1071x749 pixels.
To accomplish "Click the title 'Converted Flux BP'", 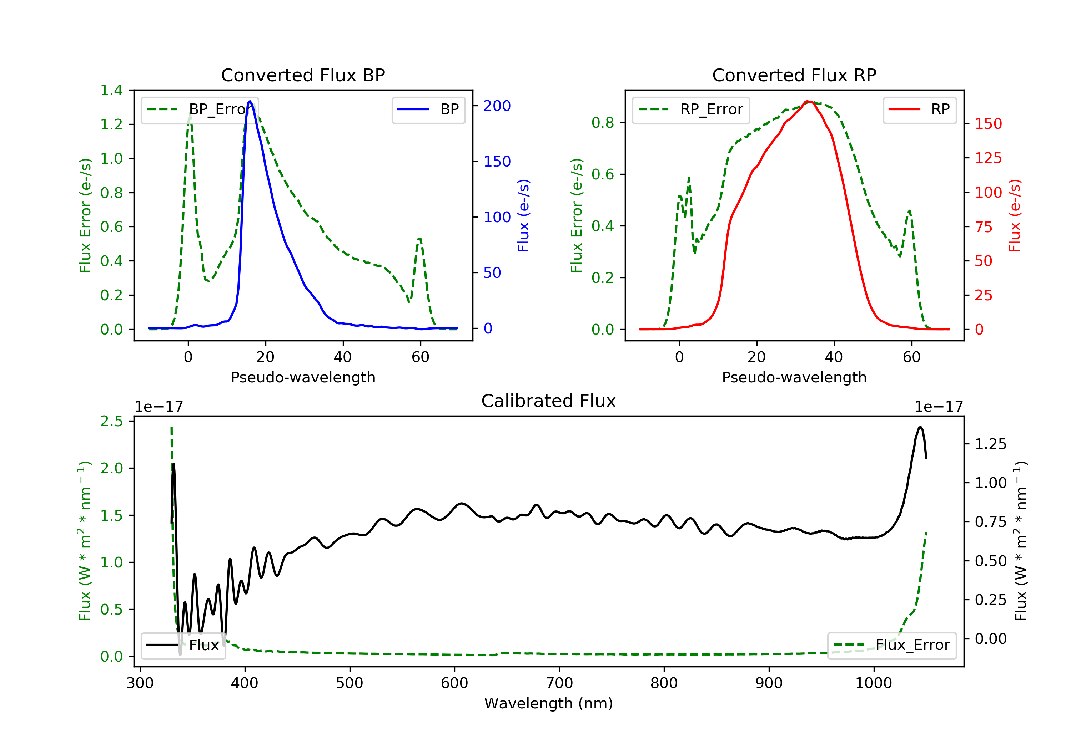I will pyautogui.click(x=303, y=75).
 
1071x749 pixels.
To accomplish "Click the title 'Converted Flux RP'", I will pyautogui.click(x=794, y=75).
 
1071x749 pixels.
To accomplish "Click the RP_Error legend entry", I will pyautogui.click(x=691, y=109).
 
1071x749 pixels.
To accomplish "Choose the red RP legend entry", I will pyautogui.click(x=919, y=109).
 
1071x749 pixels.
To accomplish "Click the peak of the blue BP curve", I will pyautogui.click(x=250, y=101).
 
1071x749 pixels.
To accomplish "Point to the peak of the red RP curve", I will pyautogui.click(x=808, y=101).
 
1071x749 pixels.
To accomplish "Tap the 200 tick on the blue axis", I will pyautogui.click(x=497, y=106).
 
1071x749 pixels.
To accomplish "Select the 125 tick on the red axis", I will pyautogui.click(x=988, y=158).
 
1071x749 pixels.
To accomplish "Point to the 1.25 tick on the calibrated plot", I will pyautogui.click(x=990, y=444).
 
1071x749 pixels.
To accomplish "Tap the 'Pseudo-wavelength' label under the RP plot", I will pyautogui.click(x=794, y=377).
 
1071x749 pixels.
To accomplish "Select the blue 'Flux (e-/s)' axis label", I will pyautogui.click(x=523, y=215).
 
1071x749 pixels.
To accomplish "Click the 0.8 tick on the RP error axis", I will pyautogui.click(x=603, y=123).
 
